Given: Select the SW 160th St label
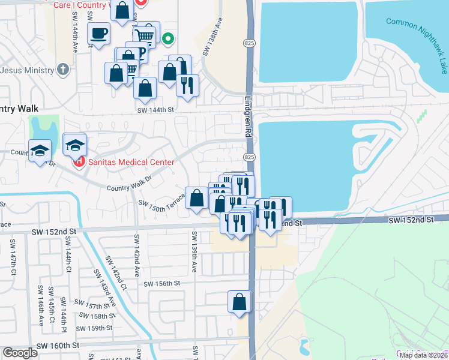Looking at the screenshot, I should tap(58, 346).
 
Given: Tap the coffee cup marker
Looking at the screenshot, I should tap(98, 34).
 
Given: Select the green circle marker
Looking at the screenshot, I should tap(169, 40).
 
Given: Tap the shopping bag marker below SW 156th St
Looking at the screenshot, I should tap(240, 301).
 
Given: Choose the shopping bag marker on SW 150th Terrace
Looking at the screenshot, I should tap(197, 197).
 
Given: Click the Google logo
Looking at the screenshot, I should tap(20, 352).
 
